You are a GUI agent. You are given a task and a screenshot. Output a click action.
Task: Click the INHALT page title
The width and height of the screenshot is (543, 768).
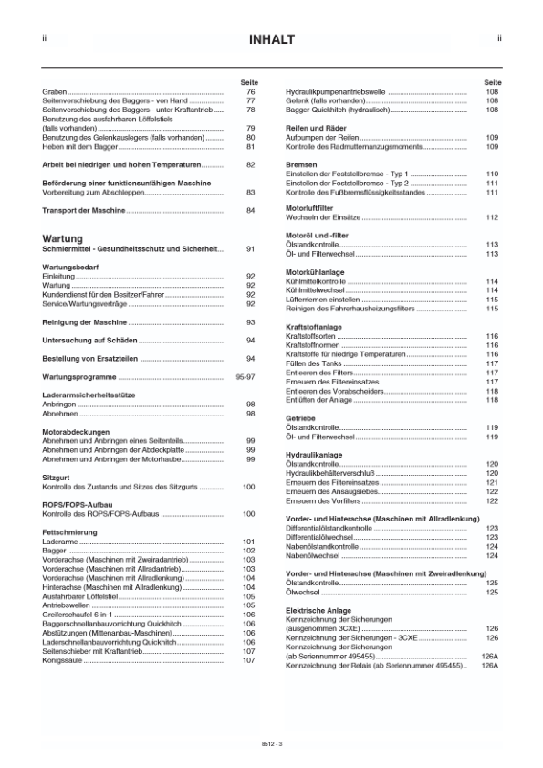pos(271,39)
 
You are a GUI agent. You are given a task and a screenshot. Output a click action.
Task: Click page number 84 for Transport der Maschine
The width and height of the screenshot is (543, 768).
pos(249,211)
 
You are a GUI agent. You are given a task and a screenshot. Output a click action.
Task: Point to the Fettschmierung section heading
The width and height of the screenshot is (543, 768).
pos(71,531)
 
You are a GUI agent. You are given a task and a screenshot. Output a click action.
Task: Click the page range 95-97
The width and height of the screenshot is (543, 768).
pos(245,376)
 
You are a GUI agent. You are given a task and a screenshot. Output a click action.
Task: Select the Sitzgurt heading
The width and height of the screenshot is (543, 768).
pos(57,477)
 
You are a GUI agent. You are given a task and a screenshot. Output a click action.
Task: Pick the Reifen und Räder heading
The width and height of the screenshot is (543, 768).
pos(317,128)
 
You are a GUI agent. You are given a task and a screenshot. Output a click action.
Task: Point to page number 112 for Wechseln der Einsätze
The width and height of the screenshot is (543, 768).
pos(491,217)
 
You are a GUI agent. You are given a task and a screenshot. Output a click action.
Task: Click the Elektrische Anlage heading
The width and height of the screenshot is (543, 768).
pos(317,609)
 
